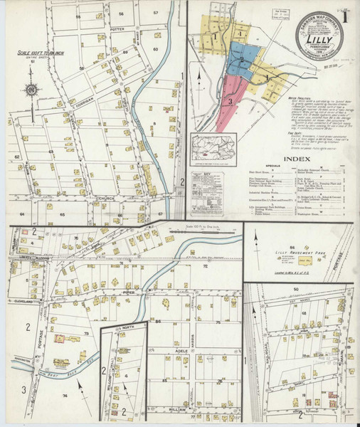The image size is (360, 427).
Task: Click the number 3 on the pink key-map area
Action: [x=231, y=102]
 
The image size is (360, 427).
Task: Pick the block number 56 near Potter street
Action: [x=121, y=14]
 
